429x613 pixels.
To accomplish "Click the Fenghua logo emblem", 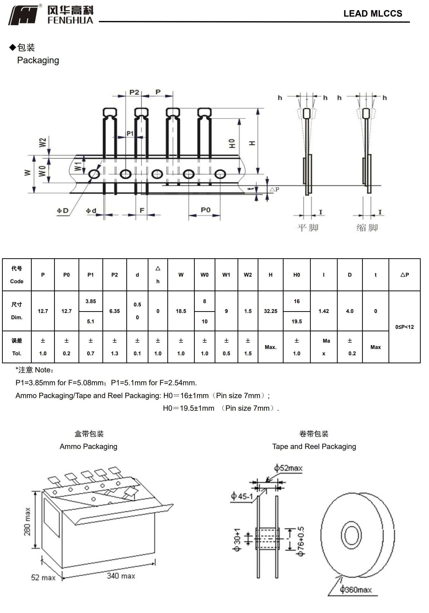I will pyautogui.click(x=23, y=15).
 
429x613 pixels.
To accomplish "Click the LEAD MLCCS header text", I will pyautogui.click(x=372, y=14).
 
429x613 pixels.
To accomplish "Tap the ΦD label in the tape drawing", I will pyautogui.click(x=63, y=211).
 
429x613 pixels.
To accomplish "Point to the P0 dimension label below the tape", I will pyautogui.click(x=205, y=210).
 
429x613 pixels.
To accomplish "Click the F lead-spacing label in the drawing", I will pyautogui.click(x=142, y=210).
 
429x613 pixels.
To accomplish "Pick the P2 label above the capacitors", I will pyautogui.click(x=134, y=92).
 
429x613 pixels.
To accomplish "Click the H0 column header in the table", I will pyautogui.click(x=296, y=275).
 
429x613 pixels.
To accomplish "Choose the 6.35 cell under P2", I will pyautogui.click(x=114, y=311).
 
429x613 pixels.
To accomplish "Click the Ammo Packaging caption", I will pyautogui.click(x=88, y=446).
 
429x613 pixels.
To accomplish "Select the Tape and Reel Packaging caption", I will pyautogui.click(x=314, y=446).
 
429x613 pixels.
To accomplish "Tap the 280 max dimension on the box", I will pyautogui.click(x=27, y=522).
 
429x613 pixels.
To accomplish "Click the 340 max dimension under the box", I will pyautogui.click(x=121, y=576).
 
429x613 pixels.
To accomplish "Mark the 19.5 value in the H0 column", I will pyautogui.click(x=296, y=321).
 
